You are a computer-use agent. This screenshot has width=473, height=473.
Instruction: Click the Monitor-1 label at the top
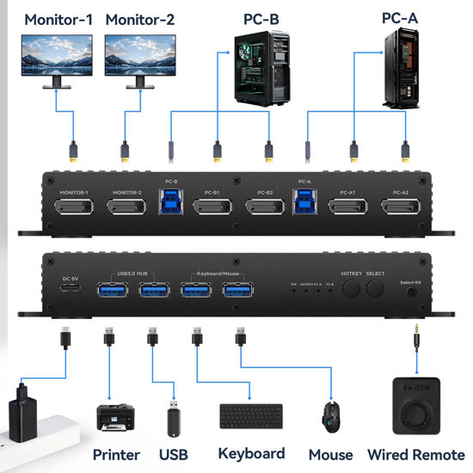[x=58, y=18]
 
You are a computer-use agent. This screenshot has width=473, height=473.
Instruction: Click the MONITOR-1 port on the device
[x=75, y=207]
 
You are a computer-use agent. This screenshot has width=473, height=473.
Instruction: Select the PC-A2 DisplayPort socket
[x=401, y=208]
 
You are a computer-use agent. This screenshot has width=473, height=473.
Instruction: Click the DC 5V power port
[x=70, y=290]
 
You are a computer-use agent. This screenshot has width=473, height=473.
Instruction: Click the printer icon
[x=114, y=419]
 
